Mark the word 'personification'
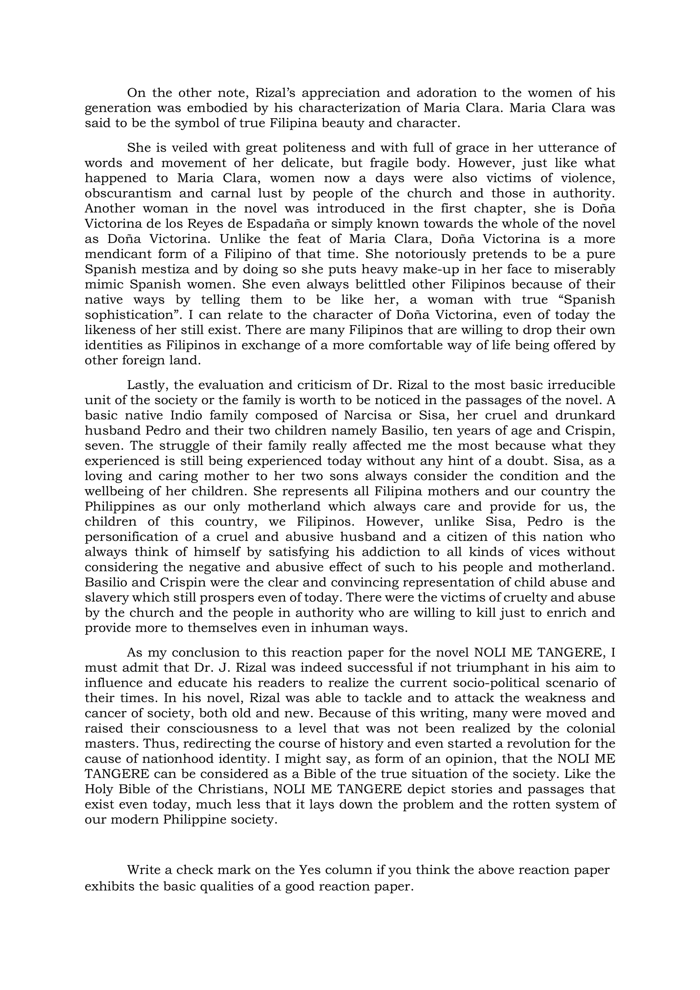pyautogui.click(x=137, y=537)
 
